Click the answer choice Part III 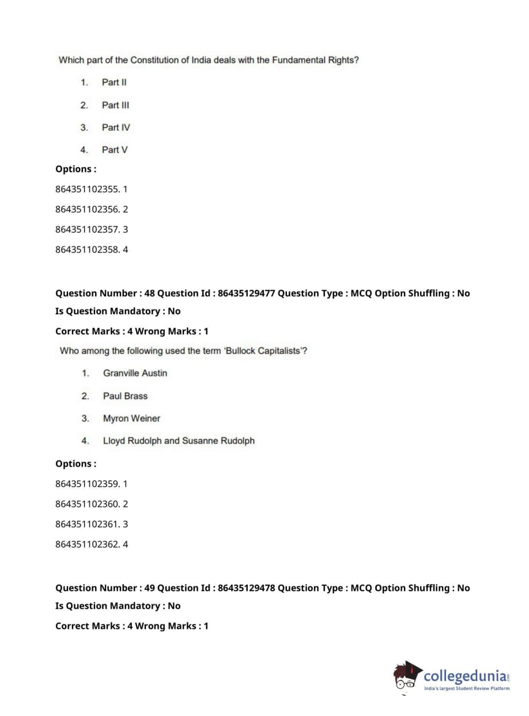coord(115,105)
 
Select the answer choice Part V coord(115,150)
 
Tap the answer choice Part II coord(114,82)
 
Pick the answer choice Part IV coord(116,127)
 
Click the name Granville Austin coord(135,373)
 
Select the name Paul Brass coord(125,396)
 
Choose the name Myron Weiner coord(132,418)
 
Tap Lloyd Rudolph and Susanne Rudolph coord(179,441)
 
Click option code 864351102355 coord(87,189)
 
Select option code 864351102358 coord(87,250)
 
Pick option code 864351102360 coord(87,504)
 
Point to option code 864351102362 coord(87,544)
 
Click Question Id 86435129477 coord(246,294)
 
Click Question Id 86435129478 coord(246,588)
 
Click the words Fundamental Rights coord(314,60)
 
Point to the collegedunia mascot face coord(406,677)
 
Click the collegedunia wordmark coord(465,676)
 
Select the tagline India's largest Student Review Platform coord(467,689)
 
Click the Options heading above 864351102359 coord(76,464)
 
